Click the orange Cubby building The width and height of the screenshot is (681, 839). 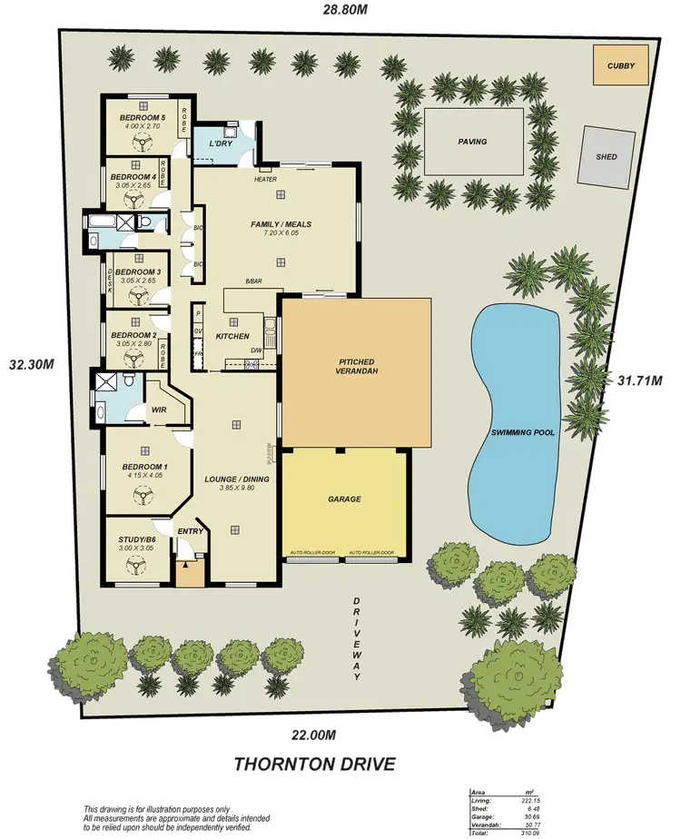pos(621,65)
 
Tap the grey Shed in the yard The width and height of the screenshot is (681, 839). pos(606,156)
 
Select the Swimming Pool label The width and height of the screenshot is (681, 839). pos(516,433)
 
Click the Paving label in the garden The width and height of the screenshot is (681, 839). pos(472,142)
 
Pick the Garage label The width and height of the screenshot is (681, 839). pos(344,498)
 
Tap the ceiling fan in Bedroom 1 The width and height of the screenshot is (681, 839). pos(142,495)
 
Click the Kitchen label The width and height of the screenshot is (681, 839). pos(232,337)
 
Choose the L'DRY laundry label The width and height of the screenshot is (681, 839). pos(222,144)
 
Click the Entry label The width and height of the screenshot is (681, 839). pos(191,532)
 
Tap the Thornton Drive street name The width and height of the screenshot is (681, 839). pos(314,764)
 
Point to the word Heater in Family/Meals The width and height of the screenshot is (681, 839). pos(265,179)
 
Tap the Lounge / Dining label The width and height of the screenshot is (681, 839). pos(235,478)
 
